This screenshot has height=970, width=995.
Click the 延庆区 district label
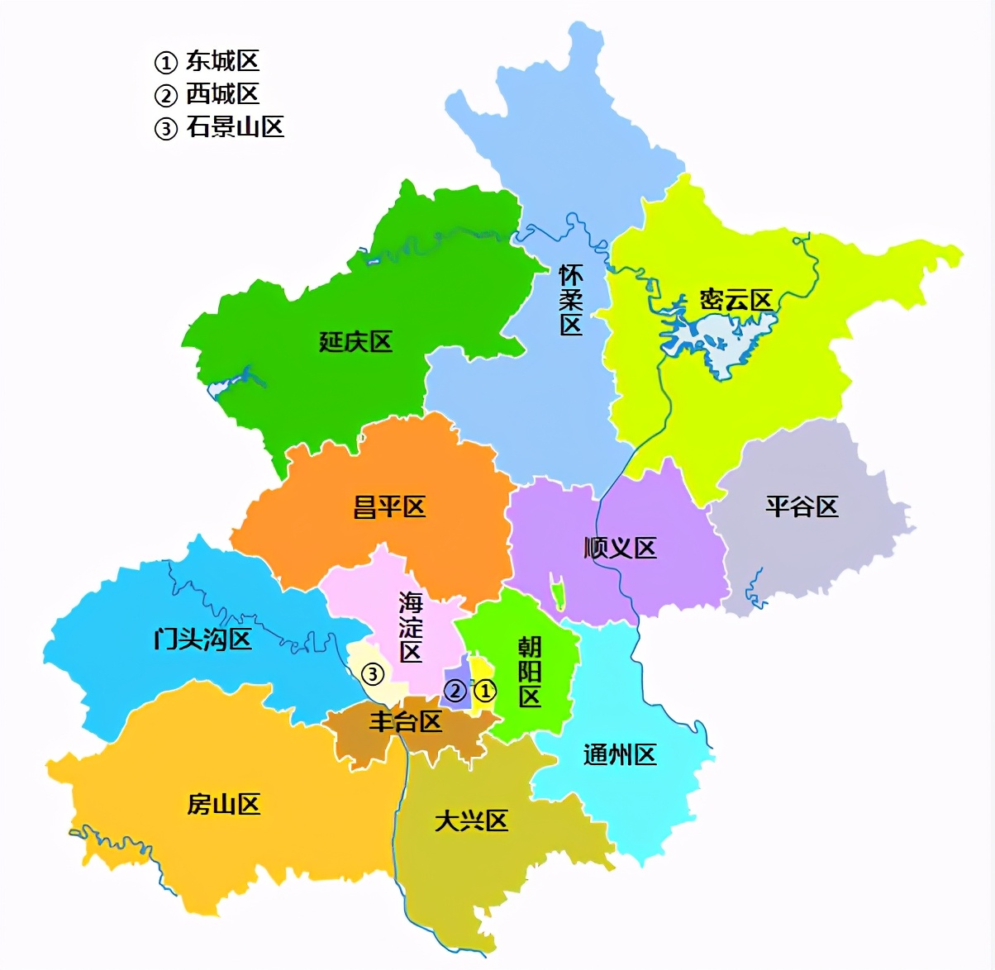(355, 342)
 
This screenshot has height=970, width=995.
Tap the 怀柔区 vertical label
(570, 300)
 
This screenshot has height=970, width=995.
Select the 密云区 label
(736, 300)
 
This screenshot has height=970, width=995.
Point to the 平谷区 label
(802, 506)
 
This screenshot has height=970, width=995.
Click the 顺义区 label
(620, 548)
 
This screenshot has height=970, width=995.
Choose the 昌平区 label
(389, 507)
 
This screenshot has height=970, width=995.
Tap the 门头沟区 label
(202, 639)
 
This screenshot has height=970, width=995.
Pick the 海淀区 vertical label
(411, 626)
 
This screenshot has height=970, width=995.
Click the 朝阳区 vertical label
(530, 671)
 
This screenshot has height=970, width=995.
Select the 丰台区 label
(405, 721)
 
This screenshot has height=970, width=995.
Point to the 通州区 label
(620, 754)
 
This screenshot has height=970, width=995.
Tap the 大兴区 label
(471, 820)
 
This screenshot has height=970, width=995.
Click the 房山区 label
(224, 804)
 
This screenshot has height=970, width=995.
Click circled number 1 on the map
(484, 690)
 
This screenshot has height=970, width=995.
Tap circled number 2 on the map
(455, 690)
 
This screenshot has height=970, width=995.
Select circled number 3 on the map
(374, 674)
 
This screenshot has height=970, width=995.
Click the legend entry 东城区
(222, 61)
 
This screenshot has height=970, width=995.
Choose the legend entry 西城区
(222, 94)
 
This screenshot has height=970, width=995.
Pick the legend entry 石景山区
(235, 127)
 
